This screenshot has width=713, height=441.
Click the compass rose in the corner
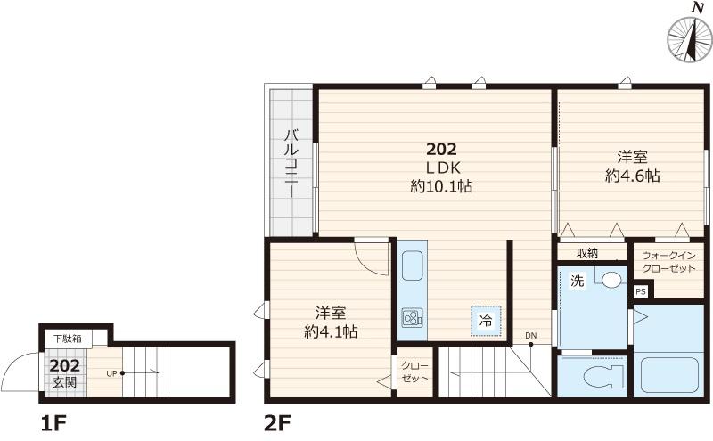(689, 39)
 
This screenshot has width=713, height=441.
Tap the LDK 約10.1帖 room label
(441, 177)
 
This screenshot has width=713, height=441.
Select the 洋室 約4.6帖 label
(632, 167)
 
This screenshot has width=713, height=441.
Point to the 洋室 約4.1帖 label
(331, 323)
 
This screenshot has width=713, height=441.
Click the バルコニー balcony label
(292, 163)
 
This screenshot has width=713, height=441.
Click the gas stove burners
(413, 317)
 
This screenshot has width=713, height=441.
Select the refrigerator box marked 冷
(486, 321)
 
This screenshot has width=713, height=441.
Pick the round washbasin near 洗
(612, 279)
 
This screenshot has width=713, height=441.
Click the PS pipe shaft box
(641, 291)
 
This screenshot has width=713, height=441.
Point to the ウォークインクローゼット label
(668, 262)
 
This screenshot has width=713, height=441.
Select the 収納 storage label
(587, 253)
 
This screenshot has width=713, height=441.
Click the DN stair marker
(531, 336)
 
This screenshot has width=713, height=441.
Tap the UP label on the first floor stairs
(111, 373)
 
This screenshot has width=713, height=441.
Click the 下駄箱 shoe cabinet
(69, 339)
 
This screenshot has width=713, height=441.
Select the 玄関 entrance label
(64, 382)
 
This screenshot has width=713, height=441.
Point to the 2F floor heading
(277, 424)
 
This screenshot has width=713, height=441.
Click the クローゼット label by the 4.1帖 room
(414, 372)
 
